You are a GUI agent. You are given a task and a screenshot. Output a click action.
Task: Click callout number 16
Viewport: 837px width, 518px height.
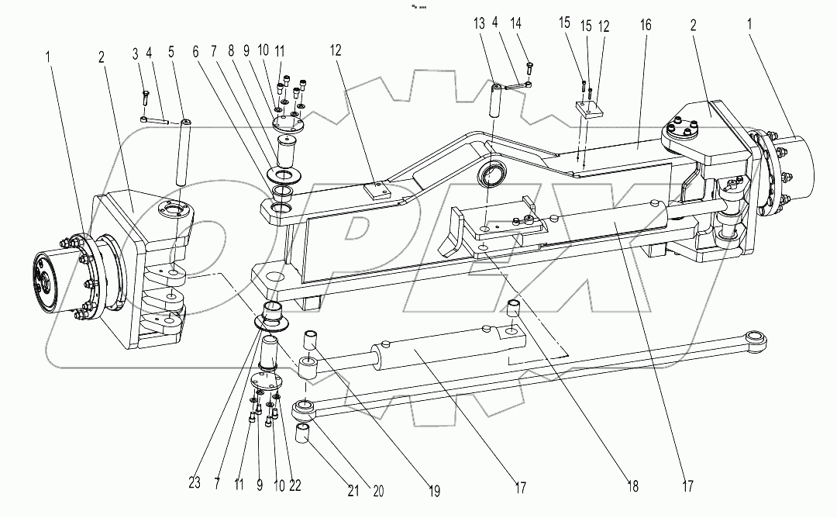pyautogui.click(x=645, y=26)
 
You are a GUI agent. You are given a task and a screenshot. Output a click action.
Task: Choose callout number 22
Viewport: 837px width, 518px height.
pyautogui.click(x=295, y=485)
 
